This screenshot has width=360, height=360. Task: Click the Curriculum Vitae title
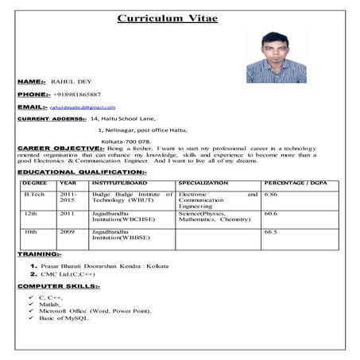(x=167, y=18)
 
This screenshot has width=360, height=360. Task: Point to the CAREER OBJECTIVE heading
(x=60, y=148)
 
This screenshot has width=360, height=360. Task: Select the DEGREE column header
(x=35, y=183)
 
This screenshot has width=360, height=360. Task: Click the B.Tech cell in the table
(x=34, y=194)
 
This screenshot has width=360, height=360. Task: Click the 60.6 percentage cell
(x=270, y=213)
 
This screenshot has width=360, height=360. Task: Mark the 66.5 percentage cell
(x=270, y=232)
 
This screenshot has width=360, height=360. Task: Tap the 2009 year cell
(x=67, y=232)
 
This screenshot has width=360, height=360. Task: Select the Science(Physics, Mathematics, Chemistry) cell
(x=215, y=216)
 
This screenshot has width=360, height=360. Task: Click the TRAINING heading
(x=38, y=254)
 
